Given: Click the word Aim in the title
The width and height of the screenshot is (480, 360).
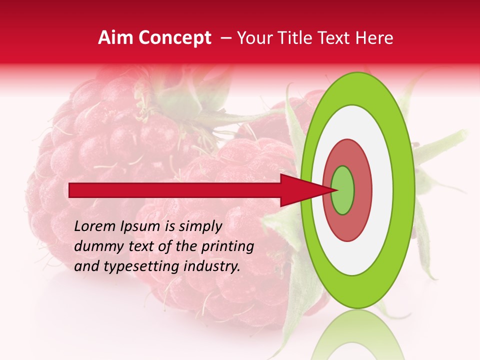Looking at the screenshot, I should (x=115, y=38).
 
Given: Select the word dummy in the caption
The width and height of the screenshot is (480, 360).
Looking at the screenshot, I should (x=94, y=246).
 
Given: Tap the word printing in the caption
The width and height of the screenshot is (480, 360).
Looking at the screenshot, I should (x=227, y=246).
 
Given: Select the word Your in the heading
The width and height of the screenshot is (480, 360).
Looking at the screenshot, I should (x=253, y=38).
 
